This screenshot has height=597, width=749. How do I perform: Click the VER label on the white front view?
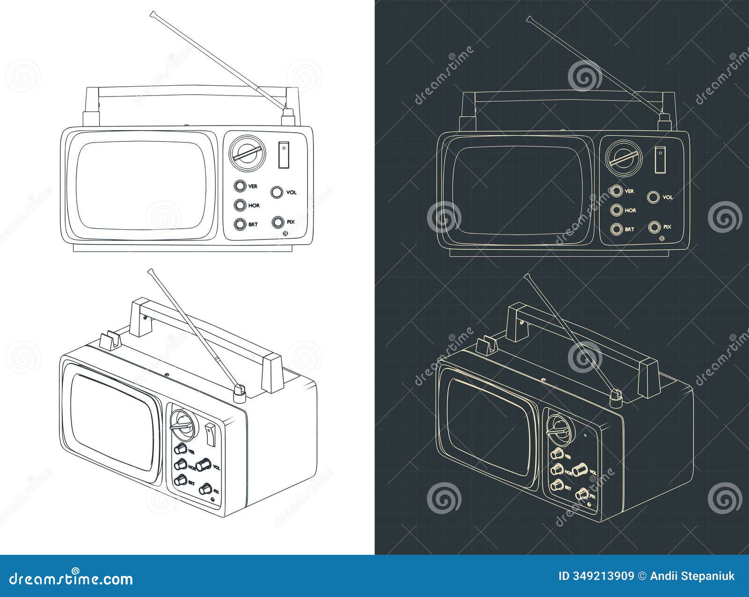click(x=253, y=187)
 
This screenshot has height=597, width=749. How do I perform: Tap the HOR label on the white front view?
click(x=254, y=205)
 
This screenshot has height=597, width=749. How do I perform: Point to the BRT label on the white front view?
click(x=253, y=224)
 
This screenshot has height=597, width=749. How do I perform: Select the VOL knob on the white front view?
click(x=277, y=192)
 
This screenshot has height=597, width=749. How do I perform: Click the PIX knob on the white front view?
click(x=278, y=222)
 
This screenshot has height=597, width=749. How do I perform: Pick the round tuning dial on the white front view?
click(x=248, y=153)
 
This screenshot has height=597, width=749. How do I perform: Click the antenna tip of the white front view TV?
click(x=152, y=14)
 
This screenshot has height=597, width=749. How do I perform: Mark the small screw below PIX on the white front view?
click(x=286, y=234)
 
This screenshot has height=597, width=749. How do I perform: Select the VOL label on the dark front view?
click(x=668, y=197)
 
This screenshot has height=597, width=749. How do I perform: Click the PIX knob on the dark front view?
click(x=654, y=227)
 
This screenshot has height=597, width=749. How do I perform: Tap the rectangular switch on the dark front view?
click(x=660, y=159)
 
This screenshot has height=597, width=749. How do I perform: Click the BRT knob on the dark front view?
click(x=616, y=230)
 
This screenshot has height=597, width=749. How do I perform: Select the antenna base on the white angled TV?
click(x=239, y=395)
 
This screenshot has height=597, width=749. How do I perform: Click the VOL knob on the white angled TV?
click(x=203, y=464)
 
